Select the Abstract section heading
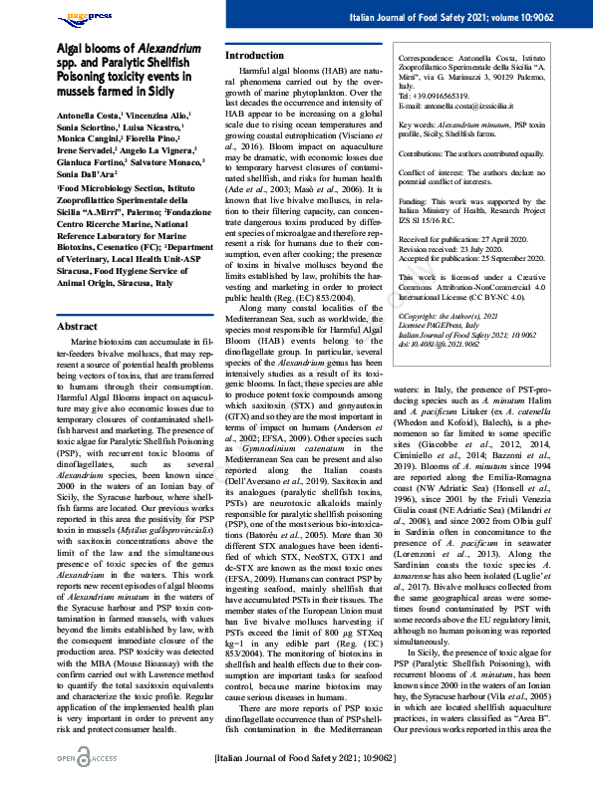tap(77, 326)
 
